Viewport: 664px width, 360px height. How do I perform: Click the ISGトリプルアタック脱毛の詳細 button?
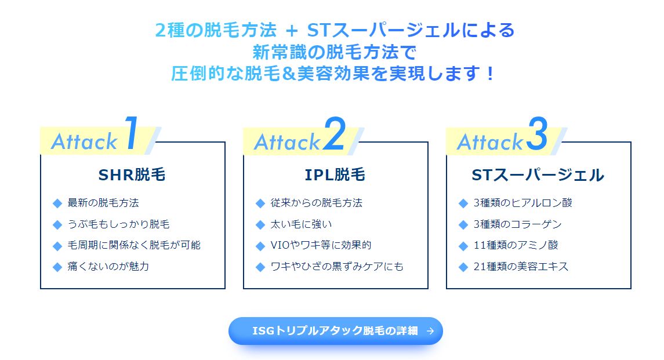pyautogui.click(x=335, y=331)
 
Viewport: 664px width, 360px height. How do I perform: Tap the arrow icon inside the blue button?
pyautogui.click(x=430, y=331)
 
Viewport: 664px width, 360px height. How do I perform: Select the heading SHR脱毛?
pyautogui.click(x=132, y=174)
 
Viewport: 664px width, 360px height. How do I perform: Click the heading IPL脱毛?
pyautogui.click(x=335, y=174)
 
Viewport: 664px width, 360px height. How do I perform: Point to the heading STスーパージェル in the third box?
pyautogui.click(x=538, y=175)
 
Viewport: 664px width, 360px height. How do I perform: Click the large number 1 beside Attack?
pyautogui.click(x=132, y=133)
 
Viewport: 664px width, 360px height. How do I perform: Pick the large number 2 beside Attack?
pyautogui.click(x=335, y=133)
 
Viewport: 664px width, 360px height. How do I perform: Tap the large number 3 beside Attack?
pyautogui.click(x=538, y=133)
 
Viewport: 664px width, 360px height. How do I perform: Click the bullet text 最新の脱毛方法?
pyautogui.click(x=103, y=203)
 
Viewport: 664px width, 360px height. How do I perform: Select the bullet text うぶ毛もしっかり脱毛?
pyautogui.click(x=118, y=224)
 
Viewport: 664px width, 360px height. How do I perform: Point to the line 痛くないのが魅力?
pyautogui.click(x=108, y=267)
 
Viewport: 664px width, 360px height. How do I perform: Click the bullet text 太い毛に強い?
pyautogui.click(x=301, y=224)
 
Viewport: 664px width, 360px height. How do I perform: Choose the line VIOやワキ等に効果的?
pyautogui.click(x=321, y=245)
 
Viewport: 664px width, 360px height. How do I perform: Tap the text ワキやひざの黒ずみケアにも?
pyautogui.click(x=337, y=267)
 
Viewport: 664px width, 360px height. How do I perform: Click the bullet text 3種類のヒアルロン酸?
pyautogui.click(x=523, y=203)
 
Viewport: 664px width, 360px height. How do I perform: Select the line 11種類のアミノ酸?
pyautogui.click(x=516, y=245)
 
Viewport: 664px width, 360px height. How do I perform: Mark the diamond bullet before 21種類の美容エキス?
pyautogui.click(x=463, y=267)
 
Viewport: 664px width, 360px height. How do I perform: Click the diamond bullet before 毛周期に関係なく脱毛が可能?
pyautogui.click(x=57, y=246)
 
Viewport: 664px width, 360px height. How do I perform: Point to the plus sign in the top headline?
pyautogui.click(x=291, y=31)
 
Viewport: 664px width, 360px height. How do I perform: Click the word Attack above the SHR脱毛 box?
pyautogui.click(x=84, y=141)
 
